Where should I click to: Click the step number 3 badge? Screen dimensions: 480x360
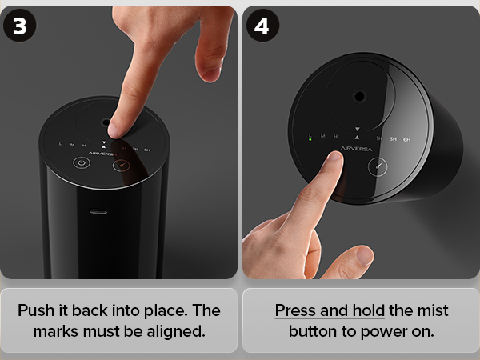19,26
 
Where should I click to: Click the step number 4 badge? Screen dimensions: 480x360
262,26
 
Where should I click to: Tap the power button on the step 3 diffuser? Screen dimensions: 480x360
82,162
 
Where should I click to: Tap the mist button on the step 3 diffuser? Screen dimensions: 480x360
122,166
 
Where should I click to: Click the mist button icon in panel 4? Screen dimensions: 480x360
378,167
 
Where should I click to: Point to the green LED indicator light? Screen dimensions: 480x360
310,139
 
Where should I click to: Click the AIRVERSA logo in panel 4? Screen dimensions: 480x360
356,149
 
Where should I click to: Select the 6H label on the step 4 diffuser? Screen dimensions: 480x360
406,139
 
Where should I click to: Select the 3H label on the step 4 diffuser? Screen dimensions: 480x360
393,139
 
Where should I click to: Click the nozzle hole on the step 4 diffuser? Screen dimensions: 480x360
359,97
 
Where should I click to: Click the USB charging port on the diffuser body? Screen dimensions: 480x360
98,211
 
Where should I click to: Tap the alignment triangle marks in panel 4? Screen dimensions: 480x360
357,134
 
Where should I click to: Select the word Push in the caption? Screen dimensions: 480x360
35,310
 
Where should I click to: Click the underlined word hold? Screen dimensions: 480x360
369,310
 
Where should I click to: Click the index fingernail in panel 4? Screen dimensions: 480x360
334,156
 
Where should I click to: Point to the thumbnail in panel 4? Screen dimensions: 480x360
364,256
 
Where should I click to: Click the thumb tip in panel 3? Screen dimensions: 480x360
210,74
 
